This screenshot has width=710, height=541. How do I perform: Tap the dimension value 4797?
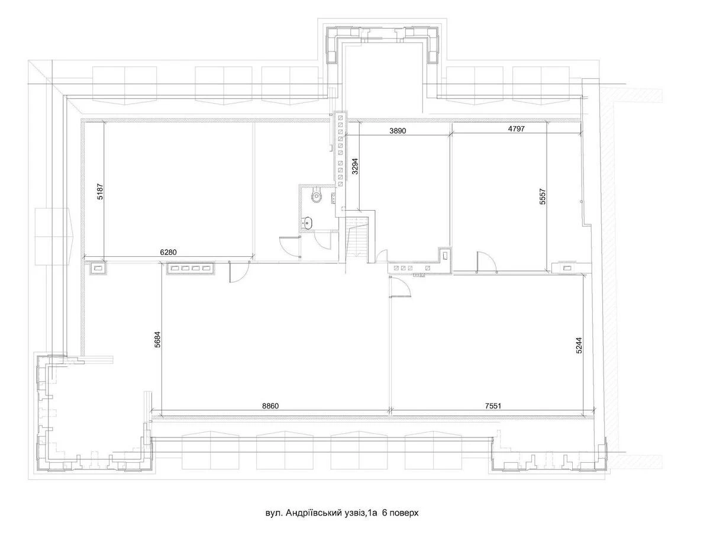(516, 128)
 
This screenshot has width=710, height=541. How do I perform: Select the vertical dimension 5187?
(100, 191)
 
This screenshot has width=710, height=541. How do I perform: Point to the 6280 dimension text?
(169, 252)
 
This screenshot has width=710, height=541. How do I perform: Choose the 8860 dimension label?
(270, 406)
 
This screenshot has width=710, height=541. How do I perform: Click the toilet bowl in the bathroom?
(318, 195)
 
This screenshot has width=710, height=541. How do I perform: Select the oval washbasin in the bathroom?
(307, 222)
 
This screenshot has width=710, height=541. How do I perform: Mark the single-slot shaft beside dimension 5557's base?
(567, 268)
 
